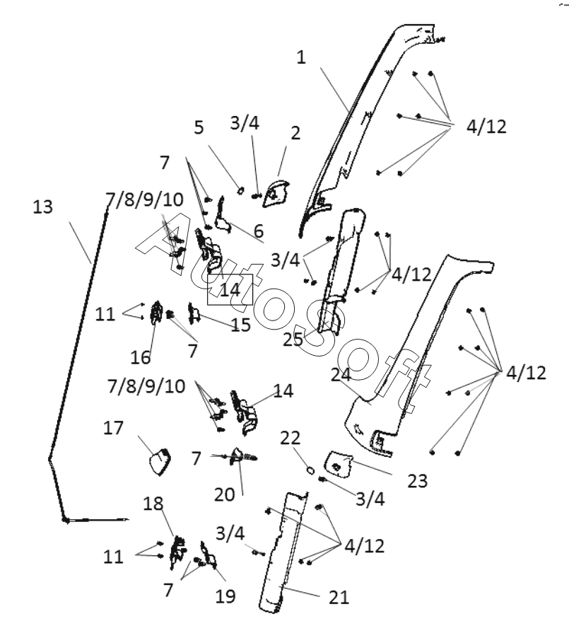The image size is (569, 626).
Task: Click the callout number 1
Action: tap(301, 57)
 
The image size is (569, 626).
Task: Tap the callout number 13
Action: tap(42, 207)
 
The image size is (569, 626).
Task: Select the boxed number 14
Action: tap(230, 290)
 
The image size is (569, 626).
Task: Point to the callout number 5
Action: tap(199, 127)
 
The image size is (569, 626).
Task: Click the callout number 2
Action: tap(295, 133)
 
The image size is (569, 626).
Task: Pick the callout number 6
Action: tap(259, 231)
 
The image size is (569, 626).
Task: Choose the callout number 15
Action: tap(240, 325)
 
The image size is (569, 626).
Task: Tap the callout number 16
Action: tap(141, 357)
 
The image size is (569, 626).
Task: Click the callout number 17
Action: tap(113, 428)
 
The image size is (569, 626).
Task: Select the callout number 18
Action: tap(153, 504)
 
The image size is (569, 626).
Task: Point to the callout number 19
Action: tap(225, 596)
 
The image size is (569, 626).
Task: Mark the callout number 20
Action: tap(224, 494)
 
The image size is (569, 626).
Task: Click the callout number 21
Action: tap(339, 598)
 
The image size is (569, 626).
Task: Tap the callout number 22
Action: tap(290, 438)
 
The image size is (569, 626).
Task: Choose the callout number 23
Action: tap(417, 481)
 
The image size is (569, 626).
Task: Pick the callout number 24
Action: tap(341, 374)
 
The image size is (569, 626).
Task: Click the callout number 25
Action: tap(293, 340)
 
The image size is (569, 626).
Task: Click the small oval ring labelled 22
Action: tap(310, 470)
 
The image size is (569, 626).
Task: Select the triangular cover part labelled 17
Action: tap(160, 461)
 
